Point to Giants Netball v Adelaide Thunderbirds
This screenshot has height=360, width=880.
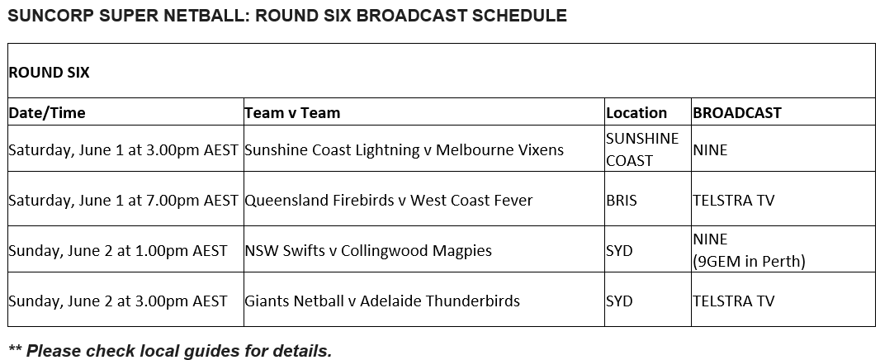(x=382, y=301)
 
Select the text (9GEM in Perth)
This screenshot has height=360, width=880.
(x=749, y=261)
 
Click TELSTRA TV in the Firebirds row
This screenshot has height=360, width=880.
(x=733, y=200)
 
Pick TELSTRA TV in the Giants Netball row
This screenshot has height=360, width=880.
(x=733, y=301)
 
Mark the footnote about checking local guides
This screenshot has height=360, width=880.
(x=170, y=351)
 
